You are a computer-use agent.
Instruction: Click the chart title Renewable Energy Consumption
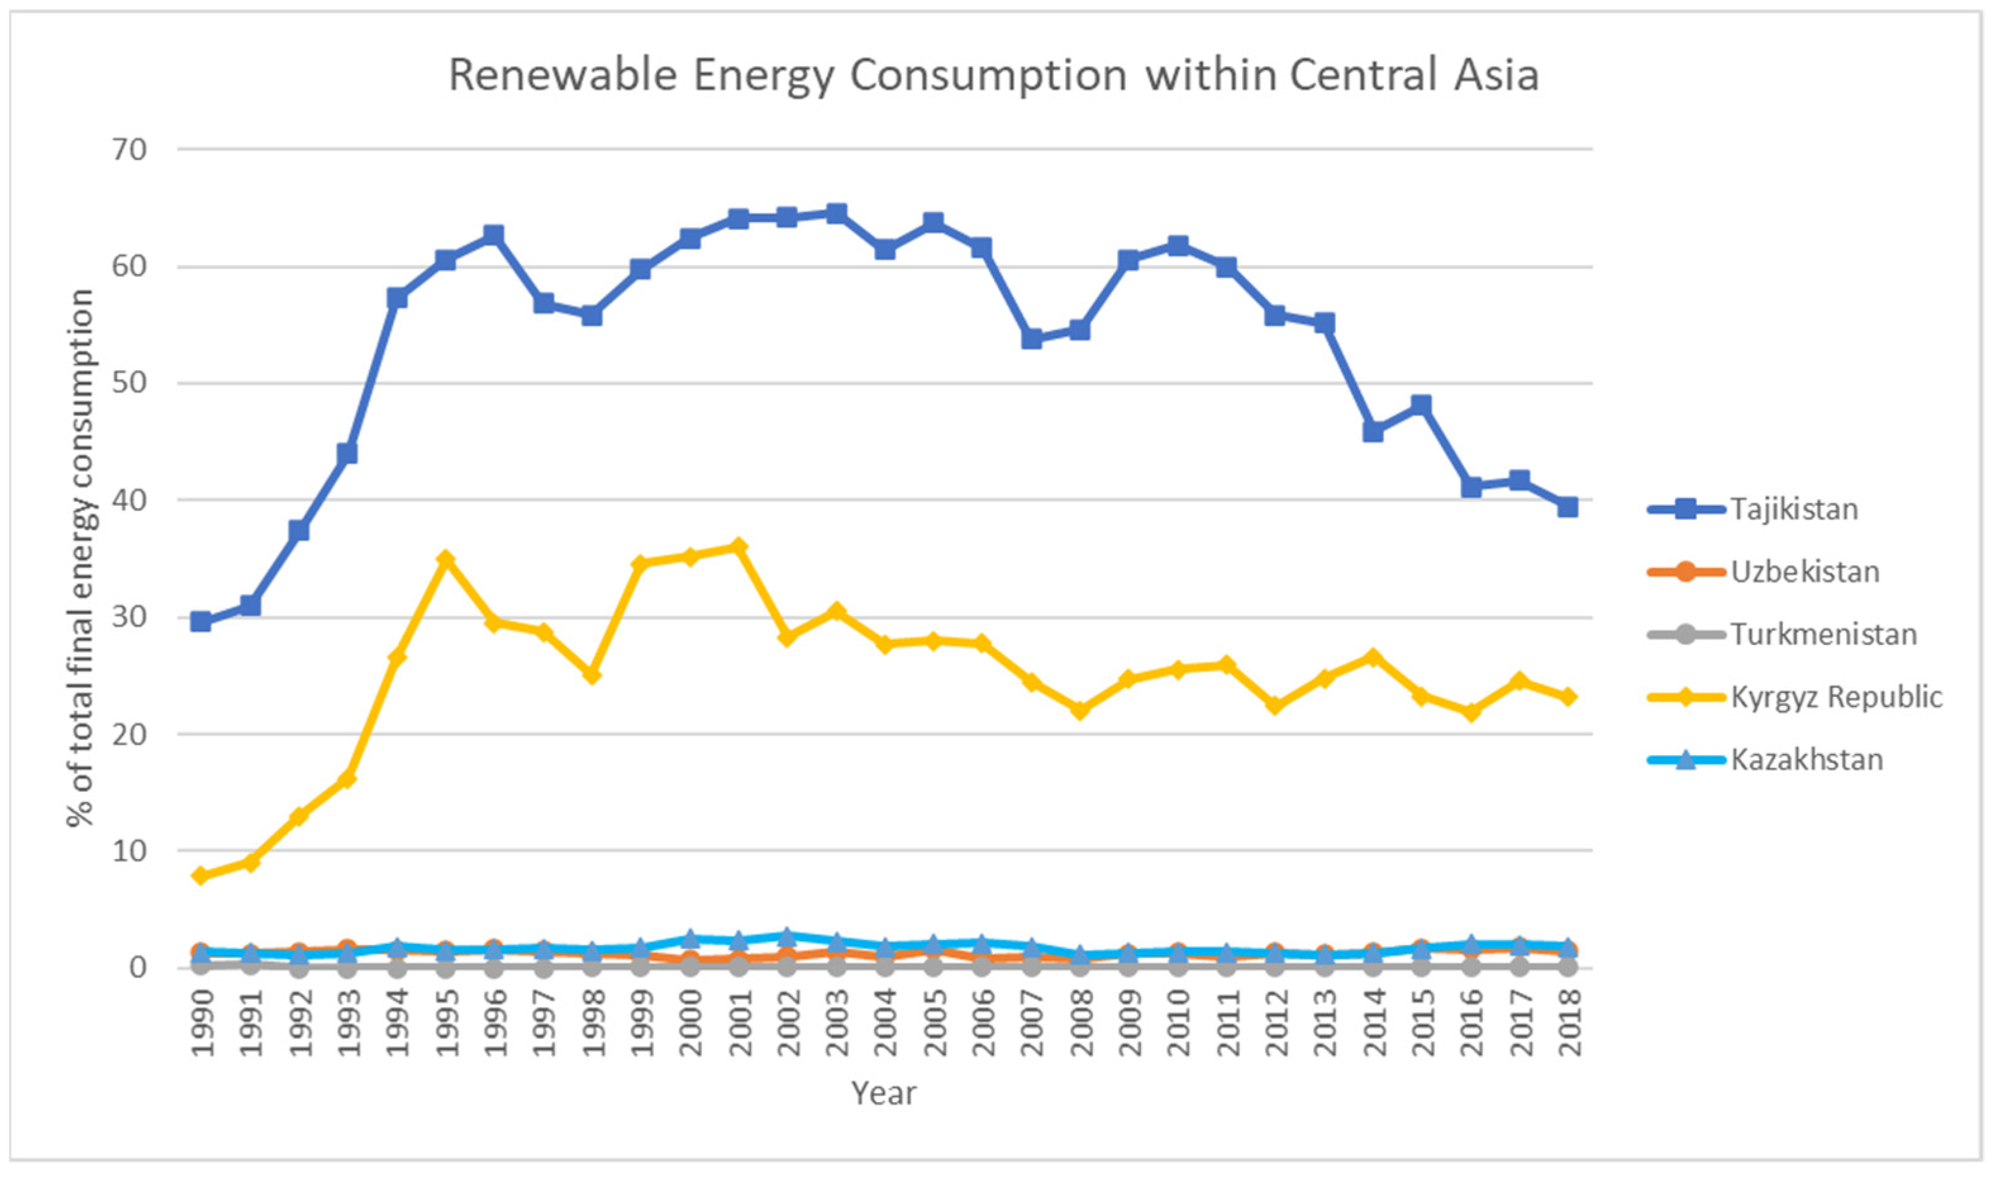click(994, 75)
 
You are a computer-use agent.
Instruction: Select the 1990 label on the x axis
click(203, 1024)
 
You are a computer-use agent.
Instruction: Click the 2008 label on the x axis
click(1081, 1024)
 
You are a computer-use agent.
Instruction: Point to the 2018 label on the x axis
click(1568, 1024)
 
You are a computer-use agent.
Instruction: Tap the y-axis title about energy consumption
click(80, 556)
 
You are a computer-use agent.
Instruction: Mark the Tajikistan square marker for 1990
click(201, 621)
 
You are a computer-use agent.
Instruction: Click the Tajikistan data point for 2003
click(836, 213)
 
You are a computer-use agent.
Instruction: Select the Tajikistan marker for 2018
click(1568, 507)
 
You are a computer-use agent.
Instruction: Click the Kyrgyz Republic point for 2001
click(739, 546)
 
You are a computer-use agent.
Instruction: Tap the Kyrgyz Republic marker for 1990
click(201, 876)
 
